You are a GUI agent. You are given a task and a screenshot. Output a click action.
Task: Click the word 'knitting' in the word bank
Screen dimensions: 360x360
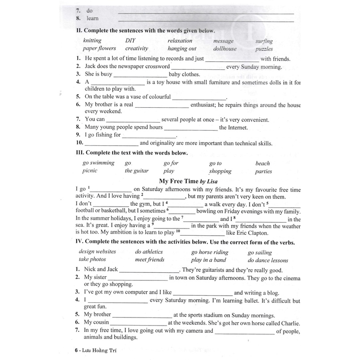click(92, 41)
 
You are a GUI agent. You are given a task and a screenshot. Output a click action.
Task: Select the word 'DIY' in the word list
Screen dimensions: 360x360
click(130, 41)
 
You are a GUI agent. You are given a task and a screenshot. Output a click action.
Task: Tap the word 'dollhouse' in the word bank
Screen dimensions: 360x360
click(225, 48)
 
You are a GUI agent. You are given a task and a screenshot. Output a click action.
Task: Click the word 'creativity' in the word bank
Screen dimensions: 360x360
click(137, 48)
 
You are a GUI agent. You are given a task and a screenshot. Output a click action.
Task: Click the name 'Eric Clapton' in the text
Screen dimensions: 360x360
click(253, 233)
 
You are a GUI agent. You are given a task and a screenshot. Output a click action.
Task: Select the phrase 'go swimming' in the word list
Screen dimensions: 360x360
click(98, 163)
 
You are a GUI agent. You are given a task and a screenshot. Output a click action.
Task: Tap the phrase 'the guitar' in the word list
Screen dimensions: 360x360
click(136, 171)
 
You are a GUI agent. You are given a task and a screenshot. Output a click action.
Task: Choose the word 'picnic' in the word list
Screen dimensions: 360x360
click(90, 171)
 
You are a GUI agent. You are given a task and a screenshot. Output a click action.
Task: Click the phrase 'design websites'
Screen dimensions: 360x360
click(97, 252)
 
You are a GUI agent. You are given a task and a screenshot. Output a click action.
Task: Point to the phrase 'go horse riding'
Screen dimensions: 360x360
click(210, 252)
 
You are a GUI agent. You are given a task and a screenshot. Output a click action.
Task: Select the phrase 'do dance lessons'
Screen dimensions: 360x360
click(267, 260)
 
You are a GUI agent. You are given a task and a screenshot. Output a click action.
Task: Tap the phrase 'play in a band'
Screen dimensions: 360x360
click(208, 260)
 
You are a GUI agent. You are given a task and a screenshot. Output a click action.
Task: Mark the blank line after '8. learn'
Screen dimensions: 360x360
click(206, 20)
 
